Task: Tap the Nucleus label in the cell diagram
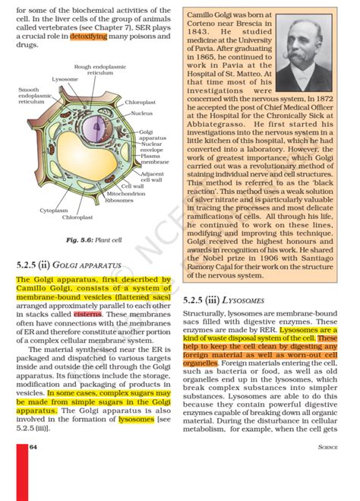[142, 113]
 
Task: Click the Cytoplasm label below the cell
[53, 210]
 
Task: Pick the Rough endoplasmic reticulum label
[99, 70]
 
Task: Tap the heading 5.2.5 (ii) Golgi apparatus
[68, 266]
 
